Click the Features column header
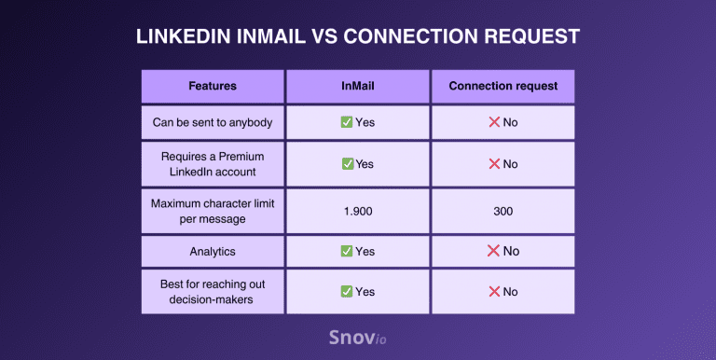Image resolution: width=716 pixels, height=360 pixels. tap(213, 86)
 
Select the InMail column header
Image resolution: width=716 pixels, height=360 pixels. tap(357, 86)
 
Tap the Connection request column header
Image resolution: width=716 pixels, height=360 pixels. tap(503, 86)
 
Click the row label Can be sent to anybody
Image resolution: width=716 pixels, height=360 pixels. tap(213, 122)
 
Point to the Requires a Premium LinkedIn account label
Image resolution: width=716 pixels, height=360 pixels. tap(213, 164)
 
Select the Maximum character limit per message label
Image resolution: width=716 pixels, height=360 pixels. tap(213, 211)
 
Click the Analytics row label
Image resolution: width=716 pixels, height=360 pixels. tap(213, 251)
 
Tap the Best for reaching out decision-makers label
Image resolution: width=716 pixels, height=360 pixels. tap(213, 292)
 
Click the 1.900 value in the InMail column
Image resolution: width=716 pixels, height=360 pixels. tap(357, 211)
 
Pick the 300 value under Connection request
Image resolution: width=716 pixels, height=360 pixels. tap(503, 211)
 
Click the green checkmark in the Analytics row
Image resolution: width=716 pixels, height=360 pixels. tap(346, 251)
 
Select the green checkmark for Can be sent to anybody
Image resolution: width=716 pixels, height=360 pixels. tap(346, 122)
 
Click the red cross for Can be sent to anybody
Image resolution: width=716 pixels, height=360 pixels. tap(493, 122)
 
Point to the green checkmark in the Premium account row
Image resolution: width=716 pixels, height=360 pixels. tap(347, 164)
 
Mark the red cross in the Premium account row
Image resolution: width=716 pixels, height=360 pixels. tap(493, 164)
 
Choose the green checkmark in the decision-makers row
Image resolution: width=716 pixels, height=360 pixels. tap(346, 292)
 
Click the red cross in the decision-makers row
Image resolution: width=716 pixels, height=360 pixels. tap(493, 292)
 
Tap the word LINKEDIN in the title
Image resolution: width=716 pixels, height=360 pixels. tap(183, 36)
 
